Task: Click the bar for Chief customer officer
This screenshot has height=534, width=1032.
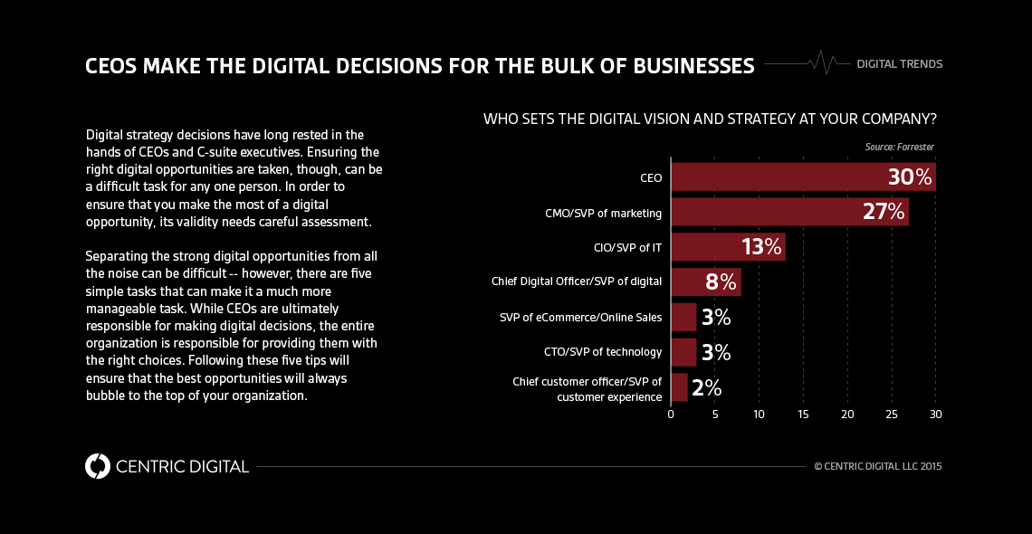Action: click(x=679, y=387)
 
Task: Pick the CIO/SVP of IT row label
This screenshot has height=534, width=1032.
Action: click(x=626, y=247)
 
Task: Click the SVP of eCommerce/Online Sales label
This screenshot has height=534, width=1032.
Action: click(x=580, y=317)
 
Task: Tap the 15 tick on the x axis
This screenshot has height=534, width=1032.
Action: click(x=803, y=414)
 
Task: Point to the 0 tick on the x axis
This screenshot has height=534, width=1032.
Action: click(x=671, y=414)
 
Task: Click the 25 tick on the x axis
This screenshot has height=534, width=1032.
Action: click(x=892, y=414)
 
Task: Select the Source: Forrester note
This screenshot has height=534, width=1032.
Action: click(x=899, y=147)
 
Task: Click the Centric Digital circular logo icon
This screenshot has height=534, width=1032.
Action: click(x=97, y=466)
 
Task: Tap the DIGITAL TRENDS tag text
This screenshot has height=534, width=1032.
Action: click(x=899, y=64)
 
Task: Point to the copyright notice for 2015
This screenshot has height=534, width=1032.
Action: click(x=877, y=467)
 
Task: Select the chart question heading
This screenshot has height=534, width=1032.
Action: click(x=710, y=119)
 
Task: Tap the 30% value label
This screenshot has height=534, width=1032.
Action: click(x=909, y=177)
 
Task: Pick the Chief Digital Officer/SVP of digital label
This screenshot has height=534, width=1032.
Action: click(x=577, y=282)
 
